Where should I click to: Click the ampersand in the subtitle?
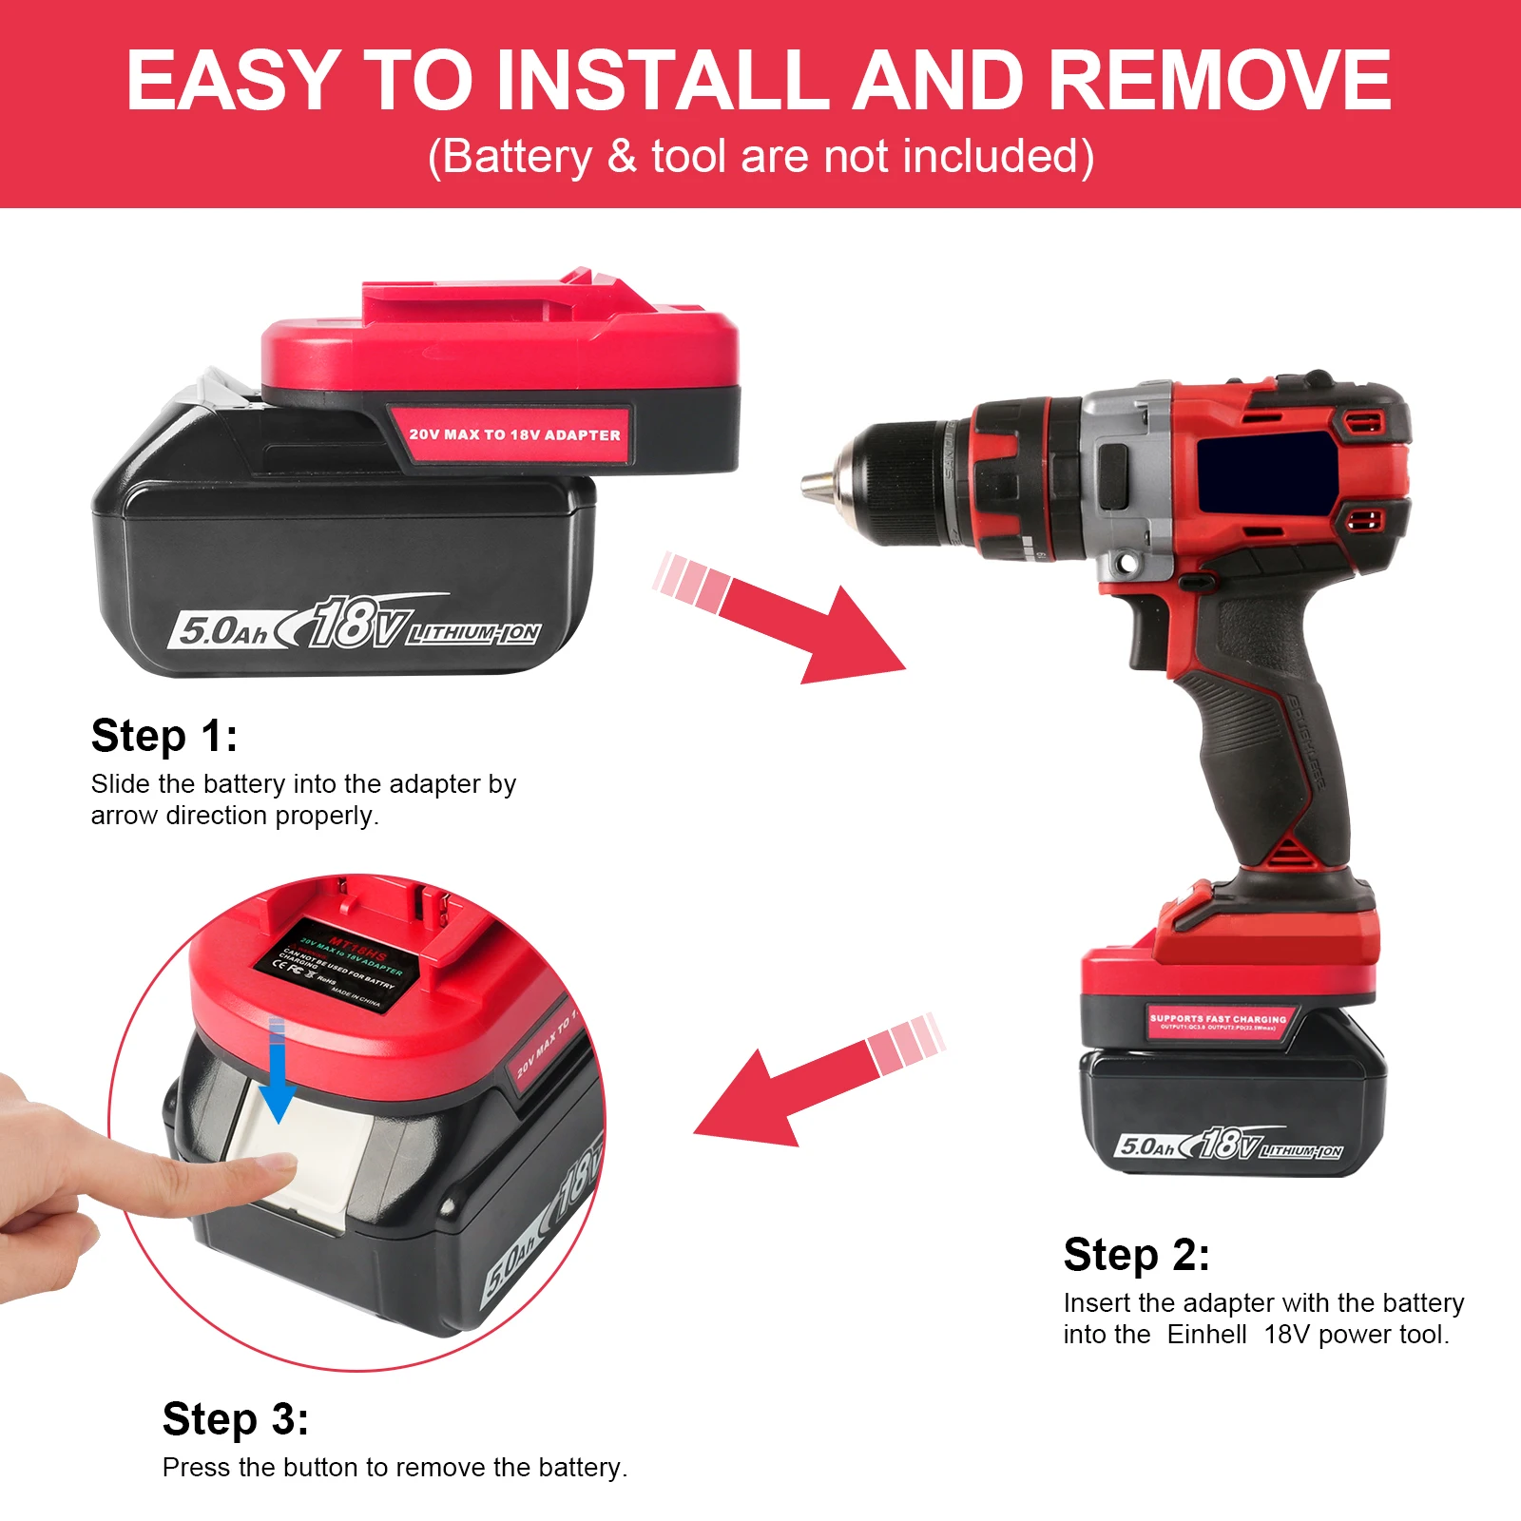pyautogui.click(x=622, y=157)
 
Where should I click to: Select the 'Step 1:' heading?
pyautogui.click(x=164, y=736)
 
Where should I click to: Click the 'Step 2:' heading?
pyautogui.click(x=1136, y=1255)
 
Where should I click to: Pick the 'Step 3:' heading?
pyautogui.click(x=235, y=1419)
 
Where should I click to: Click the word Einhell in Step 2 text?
pyautogui.click(x=1206, y=1335)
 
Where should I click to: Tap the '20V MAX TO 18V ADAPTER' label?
pyautogui.click(x=514, y=434)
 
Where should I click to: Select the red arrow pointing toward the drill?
pyautogui.click(x=789, y=618)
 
